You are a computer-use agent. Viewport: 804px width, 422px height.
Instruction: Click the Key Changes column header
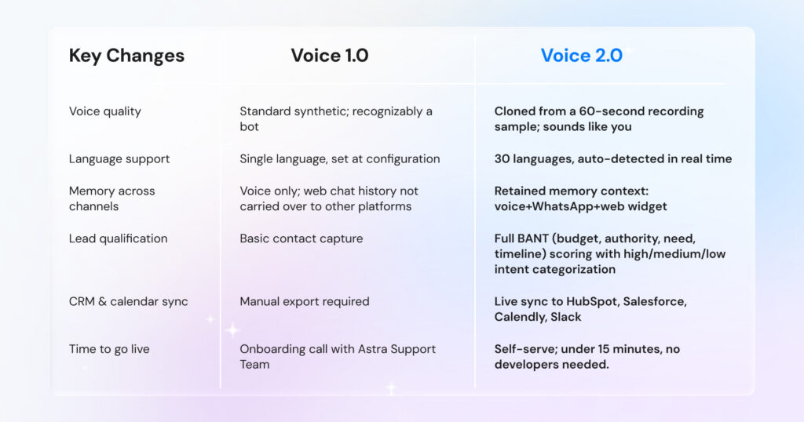click(126, 56)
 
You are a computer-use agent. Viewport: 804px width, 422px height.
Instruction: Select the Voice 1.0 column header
click(330, 56)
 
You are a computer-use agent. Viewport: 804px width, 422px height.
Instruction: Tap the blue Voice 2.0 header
click(581, 56)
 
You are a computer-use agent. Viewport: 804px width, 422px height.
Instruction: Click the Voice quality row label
click(105, 111)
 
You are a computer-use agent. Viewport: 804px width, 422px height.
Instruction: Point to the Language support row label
click(119, 159)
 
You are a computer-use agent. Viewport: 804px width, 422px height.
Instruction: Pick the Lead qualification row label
click(118, 238)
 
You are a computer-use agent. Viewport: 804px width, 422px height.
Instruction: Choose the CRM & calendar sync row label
click(129, 302)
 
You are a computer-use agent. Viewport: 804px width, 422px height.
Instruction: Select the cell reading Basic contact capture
click(301, 238)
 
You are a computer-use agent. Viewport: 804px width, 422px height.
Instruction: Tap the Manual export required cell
click(305, 302)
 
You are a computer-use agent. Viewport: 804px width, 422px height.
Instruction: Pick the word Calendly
click(521, 318)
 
